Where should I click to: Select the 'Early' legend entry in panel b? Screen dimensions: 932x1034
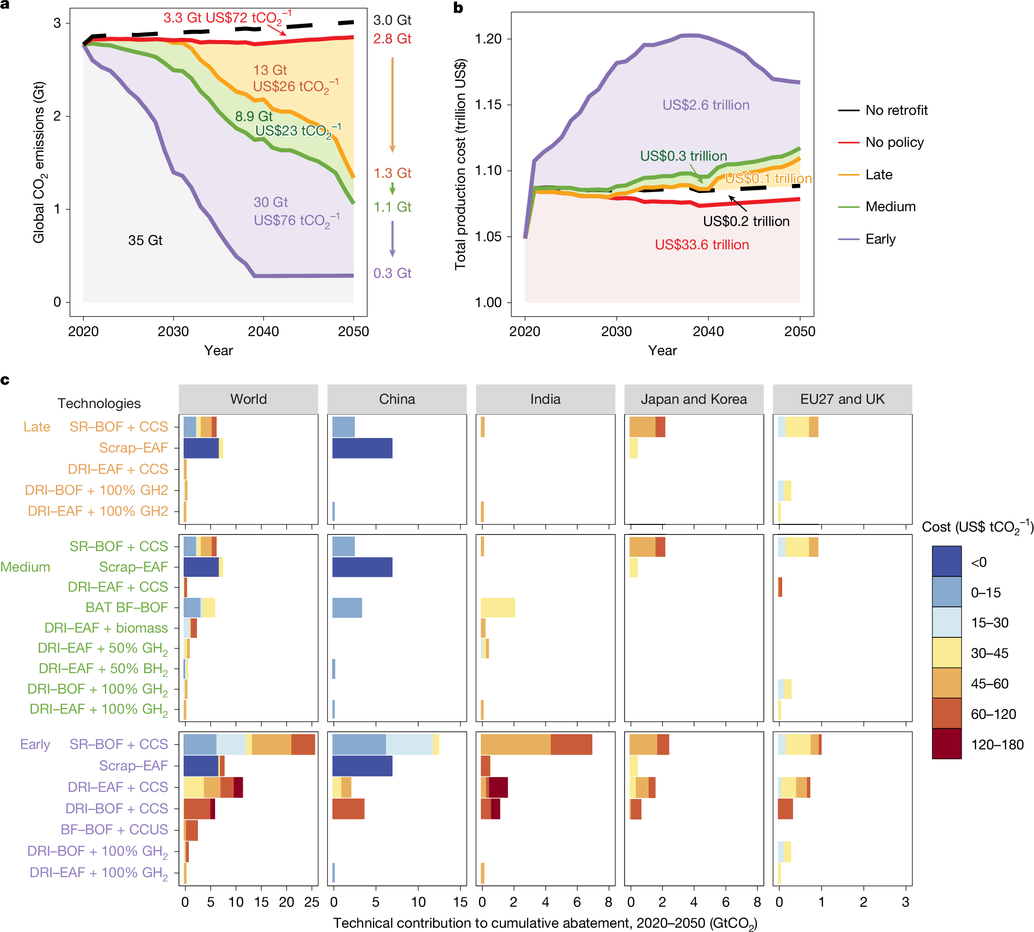point(880,239)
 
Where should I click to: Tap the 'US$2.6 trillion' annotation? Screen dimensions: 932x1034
point(705,105)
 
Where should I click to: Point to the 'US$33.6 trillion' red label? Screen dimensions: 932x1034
point(702,245)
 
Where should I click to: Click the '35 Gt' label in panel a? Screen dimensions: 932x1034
point(145,240)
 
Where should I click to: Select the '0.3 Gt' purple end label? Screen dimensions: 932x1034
point(392,273)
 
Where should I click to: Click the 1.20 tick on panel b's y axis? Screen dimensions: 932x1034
point(488,39)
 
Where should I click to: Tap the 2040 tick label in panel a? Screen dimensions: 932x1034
point(263,331)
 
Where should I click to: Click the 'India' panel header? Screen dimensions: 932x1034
point(545,399)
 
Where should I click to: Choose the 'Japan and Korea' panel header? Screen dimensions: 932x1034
point(694,399)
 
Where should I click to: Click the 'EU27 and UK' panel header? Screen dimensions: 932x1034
point(842,399)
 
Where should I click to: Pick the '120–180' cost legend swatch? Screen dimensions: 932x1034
point(946,744)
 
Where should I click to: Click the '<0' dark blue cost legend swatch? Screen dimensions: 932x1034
point(946,561)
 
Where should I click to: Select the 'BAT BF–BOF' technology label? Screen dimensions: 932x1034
point(126,607)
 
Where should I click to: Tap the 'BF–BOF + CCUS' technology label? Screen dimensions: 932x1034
point(114,829)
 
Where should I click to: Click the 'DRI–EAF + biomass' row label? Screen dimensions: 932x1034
point(106,628)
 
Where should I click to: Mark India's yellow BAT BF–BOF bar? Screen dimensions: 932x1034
point(497,607)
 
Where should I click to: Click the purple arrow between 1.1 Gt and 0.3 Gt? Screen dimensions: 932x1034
point(393,239)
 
